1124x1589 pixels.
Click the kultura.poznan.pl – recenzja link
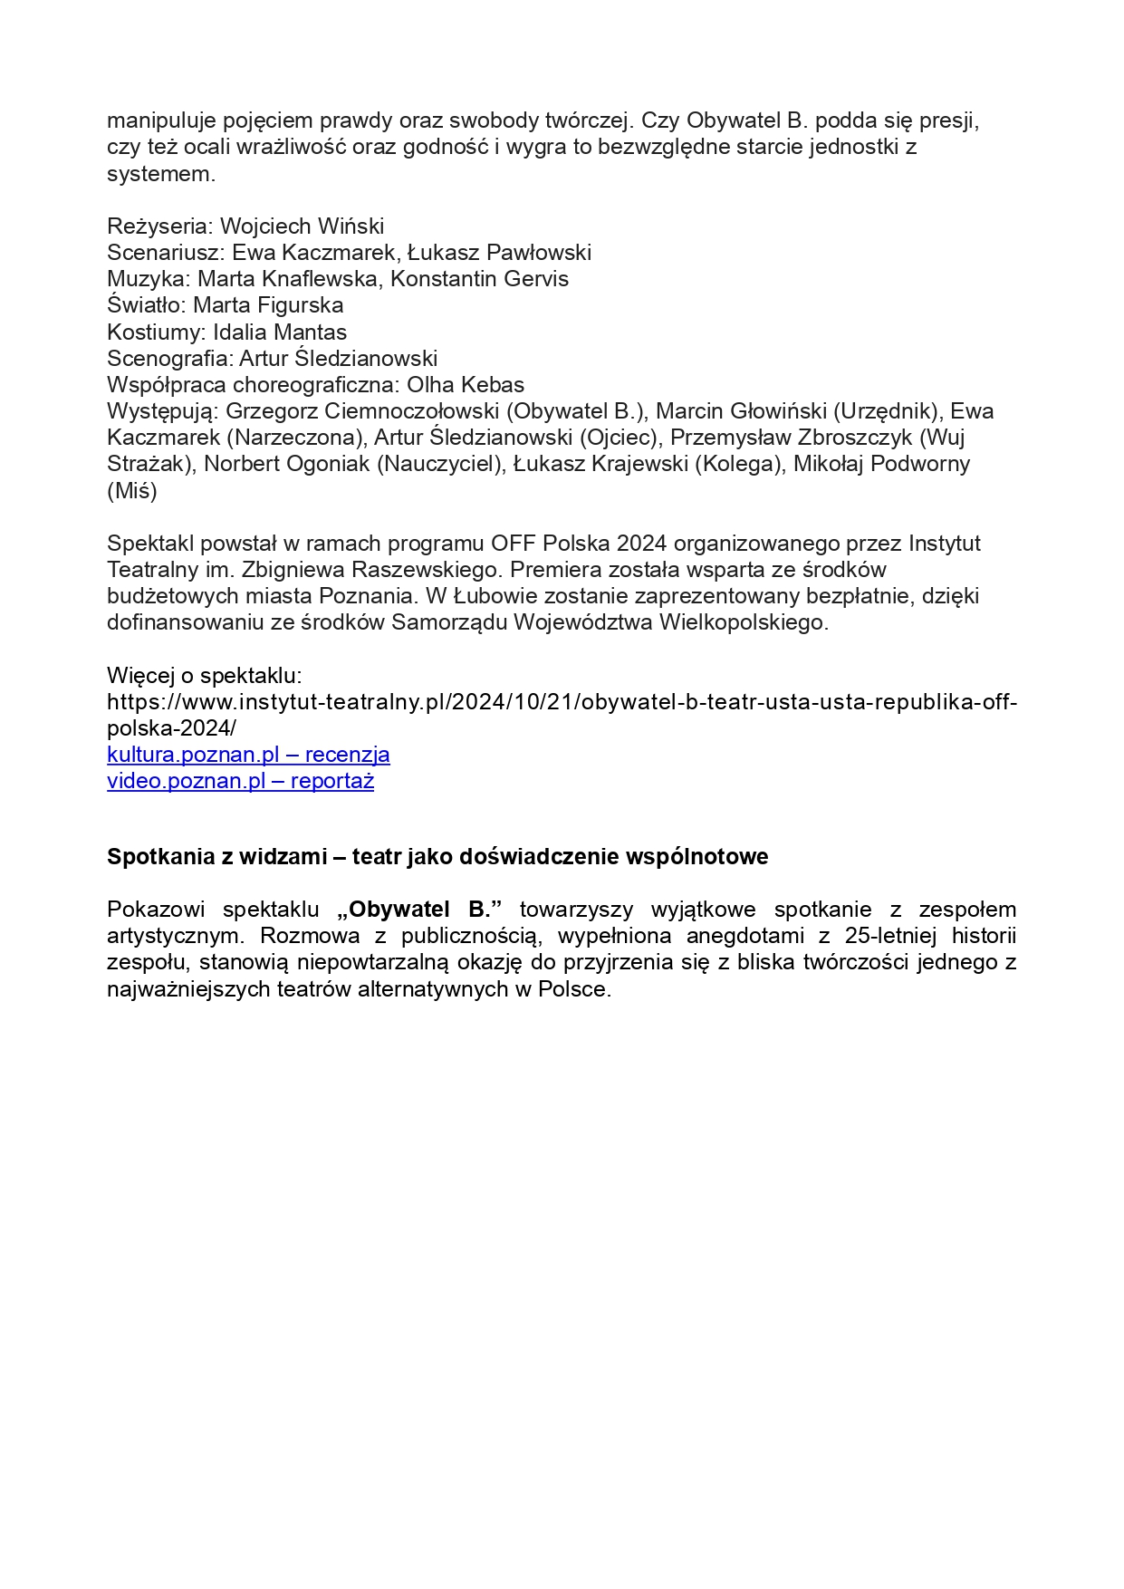point(248,755)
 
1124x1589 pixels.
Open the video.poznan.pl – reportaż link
point(240,781)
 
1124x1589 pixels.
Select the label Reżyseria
point(159,226)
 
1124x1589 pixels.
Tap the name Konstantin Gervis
point(479,279)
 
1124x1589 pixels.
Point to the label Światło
point(145,305)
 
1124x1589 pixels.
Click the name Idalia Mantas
point(280,332)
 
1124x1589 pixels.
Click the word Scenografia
point(168,358)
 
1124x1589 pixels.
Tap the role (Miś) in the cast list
point(132,491)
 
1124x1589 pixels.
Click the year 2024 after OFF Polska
point(641,544)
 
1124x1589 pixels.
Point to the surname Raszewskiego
point(424,570)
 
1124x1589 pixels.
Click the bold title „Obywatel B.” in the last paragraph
point(419,910)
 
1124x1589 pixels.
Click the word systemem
point(160,173)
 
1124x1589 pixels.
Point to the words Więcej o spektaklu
point(204,676)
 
